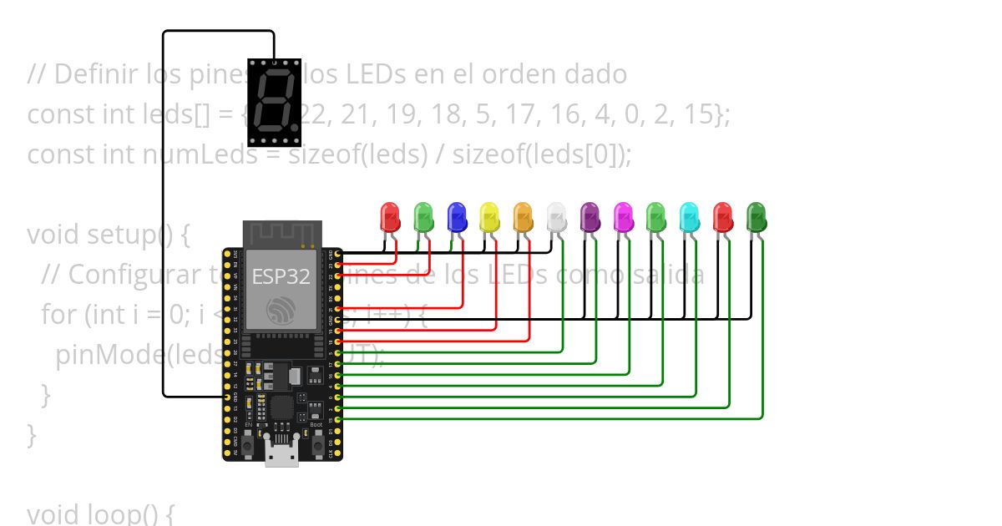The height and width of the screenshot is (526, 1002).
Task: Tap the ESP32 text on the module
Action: pyautogui.click(x=281, y=277)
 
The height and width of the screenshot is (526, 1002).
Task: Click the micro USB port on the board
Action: pyautogui.click(x=282, y=455)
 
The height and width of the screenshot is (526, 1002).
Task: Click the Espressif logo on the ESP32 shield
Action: pyautogui.click(x=282, y=311)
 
